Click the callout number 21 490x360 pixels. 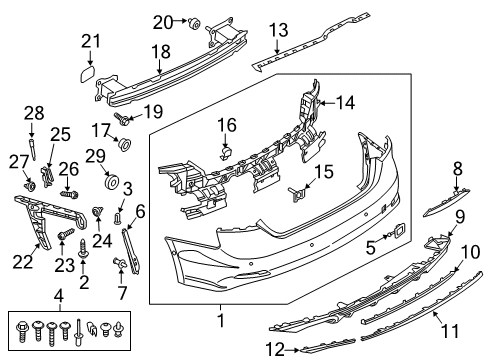[91, 41]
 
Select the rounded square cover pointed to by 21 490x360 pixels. [88, 74]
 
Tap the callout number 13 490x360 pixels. [279, 30]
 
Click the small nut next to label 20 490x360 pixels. [194, 23]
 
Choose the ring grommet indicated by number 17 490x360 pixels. [125, 144]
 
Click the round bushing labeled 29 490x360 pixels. [112, 182]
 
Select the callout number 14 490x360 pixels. [345, 102]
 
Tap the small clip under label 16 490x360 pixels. [227, 153]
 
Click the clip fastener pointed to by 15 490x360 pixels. [296, 194]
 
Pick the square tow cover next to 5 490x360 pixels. [399, 230]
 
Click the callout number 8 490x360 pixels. [458, 168]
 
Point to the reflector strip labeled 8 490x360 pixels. [446, 202]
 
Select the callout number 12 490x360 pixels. [275, 349]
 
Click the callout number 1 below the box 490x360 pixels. [221, 320]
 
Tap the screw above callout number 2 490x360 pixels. [83, 249]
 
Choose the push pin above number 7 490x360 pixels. [120, 262]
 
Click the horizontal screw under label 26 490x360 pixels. [69, 193]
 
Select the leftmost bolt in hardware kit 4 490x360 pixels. [21, 330]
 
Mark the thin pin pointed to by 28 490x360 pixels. [33, 149]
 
